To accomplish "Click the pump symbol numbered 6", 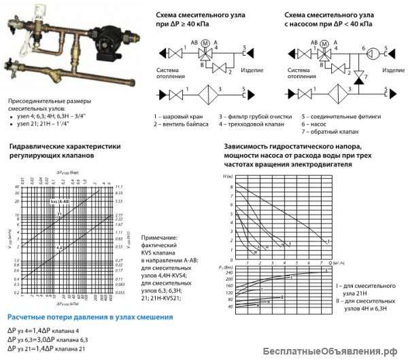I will click(x=364, y=51).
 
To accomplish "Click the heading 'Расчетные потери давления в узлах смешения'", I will click(x=90, y=317).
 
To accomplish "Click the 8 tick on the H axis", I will click(x=232, y=185).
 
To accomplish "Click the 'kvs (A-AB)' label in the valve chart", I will click(x=59, y=202).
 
